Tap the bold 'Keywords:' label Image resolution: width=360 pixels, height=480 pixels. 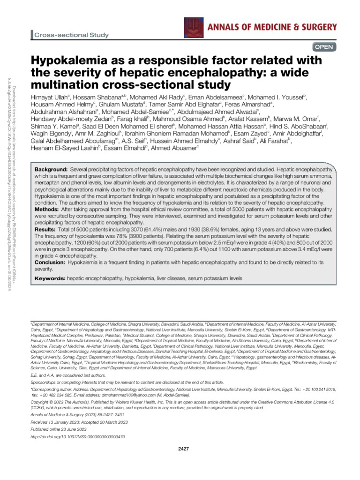[51, 278]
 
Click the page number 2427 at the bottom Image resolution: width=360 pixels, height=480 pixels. [184, 449]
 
